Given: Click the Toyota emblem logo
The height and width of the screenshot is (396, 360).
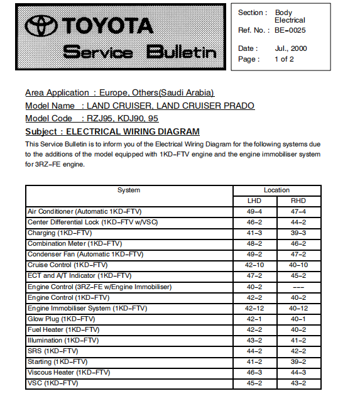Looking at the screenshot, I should pyautogui.click(x=41, y=26).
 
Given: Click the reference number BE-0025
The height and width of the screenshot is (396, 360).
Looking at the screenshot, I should pyautogui.click(x=290, y=30).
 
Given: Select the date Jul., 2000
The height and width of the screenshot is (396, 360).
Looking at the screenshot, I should pyautogui.click(x=290, y=48).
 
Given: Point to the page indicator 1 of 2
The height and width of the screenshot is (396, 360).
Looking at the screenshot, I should pyautogui.click(x=284, y=59).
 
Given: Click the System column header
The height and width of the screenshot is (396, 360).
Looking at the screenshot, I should pyautogui.click(x=129, y=190).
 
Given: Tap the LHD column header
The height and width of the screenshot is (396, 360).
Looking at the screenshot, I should pyautogui.click(x=254, y=201).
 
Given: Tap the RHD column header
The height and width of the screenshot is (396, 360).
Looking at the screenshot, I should pyautogui.click(x=298, y=201).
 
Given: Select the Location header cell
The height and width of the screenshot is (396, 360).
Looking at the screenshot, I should pyautogui.click(x=276, y=190).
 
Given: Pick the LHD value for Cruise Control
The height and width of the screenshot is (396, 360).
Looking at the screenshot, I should pyautogui.click(x=254, y=265).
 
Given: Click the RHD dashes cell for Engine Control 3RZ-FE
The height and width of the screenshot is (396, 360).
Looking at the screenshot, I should pyautogui.click(x=298, y=287).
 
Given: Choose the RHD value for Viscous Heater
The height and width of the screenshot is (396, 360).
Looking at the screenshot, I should pyautogui.click(x=298, y=372).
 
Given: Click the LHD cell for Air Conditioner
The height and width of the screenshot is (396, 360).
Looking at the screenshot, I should pyautogui.click(x=254, y=211).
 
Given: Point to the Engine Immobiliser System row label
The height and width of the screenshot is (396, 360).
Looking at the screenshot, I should pyautogui.click(x=87, y=308).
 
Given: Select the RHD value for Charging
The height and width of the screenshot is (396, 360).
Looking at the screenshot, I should pyautogui.click(x=298, y=233).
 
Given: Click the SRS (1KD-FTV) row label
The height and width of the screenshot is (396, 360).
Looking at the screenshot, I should pyautogui.click(x=53, y=351).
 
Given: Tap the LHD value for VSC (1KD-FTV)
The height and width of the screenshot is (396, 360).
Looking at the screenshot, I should pyautogui.click(x=254, y=383).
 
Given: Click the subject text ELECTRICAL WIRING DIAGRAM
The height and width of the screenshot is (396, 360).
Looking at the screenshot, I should pyautogui.click(x=133, y=131).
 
